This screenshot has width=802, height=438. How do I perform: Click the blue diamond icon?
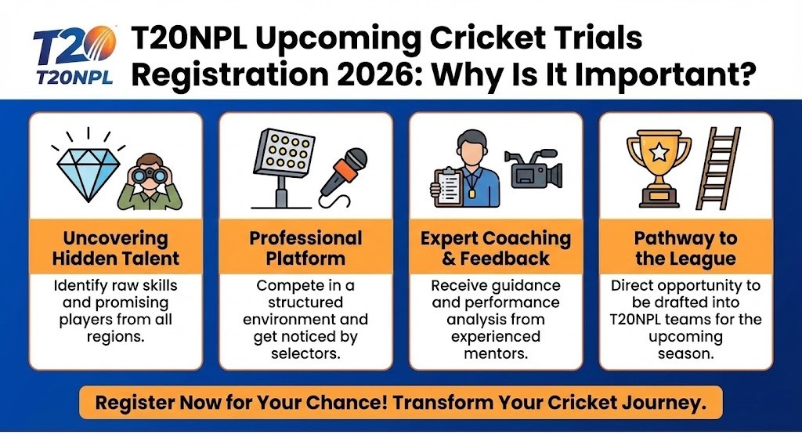pyautogui.click(x=88, y=174)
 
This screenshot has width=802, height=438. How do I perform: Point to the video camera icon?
pyautogui.click(x=533, y=170)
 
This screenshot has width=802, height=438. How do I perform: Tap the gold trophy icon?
pyautogui.click(x=659, y=168)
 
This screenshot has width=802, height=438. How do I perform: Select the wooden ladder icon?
pyautogui.click(x=718, y=168)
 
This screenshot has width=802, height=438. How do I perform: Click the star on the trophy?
pyautogui.click(x=659, y=151)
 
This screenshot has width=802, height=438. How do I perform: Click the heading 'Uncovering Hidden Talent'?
pyautogui.click(x=116, y=248)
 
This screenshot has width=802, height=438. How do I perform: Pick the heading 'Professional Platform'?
pyautogui.click(x=305, y=248)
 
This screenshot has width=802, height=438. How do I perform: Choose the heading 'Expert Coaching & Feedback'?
pyautogui.click(x=496, y=248)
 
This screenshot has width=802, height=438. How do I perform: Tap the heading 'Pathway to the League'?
pyautogui.click(x=685, y=248)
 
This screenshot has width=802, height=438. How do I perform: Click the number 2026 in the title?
pyautogui.click(x=375, y=74)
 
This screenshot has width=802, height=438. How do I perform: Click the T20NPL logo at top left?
pyautogui.click(x=74, y=55)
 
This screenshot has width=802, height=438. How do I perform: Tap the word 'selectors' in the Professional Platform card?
pyautogui.click(x=305, y=353)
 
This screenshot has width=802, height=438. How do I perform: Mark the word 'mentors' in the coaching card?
pyautogui.click(x=496, y=353)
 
